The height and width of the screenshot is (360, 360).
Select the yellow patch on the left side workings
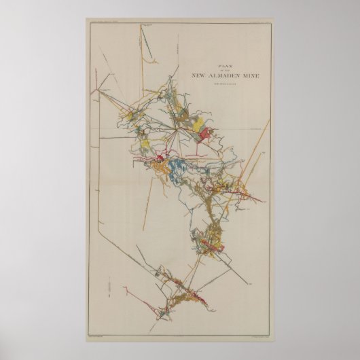click(x=144, y=144)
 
